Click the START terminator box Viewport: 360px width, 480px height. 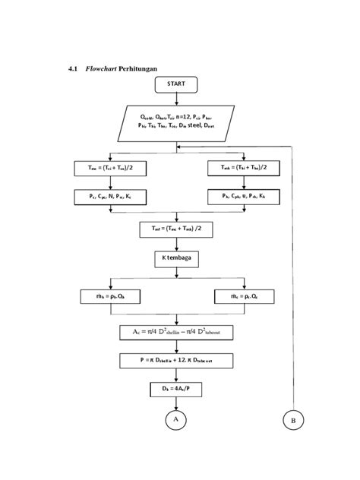tap(176, 84)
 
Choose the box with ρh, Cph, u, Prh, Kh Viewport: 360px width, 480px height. tap(244, 197)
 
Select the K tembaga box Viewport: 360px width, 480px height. tap(176, 259)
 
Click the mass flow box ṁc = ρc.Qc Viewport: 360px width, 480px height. tap(244, 296)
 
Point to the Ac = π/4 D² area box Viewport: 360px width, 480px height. tap(176, 333)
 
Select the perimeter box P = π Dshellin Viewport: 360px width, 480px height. tap(176, 362)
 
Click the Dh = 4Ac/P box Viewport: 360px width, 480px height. tap(176, 390)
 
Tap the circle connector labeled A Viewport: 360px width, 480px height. tap(175, 418)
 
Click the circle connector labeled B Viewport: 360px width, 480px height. tap(292, 419)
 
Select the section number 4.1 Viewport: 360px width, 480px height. tap(73, 68)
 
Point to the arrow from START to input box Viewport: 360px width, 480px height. tap(176, 99)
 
